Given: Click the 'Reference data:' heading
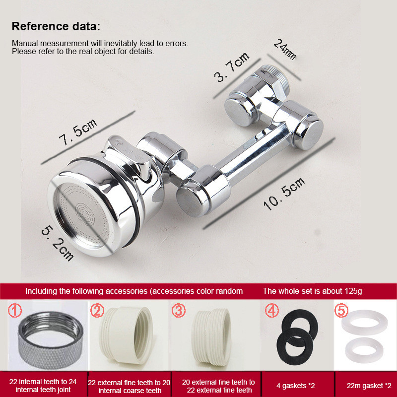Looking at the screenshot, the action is pos(56,26).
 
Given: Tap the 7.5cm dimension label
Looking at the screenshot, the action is pos(78,132).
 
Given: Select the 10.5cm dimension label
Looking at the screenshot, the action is pos(284,194).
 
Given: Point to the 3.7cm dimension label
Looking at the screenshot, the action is pos(232,67).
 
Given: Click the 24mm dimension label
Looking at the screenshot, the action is pos(285,50).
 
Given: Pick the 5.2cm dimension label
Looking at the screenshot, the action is pos(58,243).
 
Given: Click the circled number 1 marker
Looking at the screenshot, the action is pos(15,311).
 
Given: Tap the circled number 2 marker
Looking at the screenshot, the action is pos(97,311).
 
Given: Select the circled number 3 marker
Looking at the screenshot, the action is pos(179,311).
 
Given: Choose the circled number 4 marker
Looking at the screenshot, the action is pos(272,311).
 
